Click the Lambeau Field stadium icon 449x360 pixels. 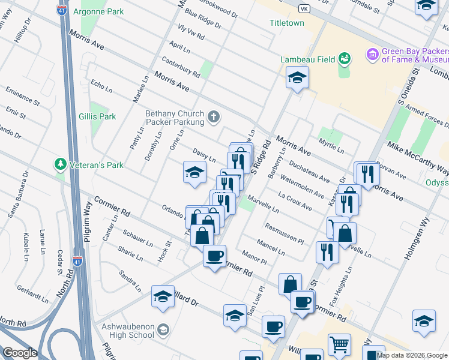tap(345, 58)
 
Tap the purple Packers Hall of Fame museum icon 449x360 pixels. tap(372, 55)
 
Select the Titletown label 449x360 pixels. tap(286, 23)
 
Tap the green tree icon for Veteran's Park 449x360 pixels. tap(59, 164)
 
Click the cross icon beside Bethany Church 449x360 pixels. tap(213, 116)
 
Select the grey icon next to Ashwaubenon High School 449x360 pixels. tap(164, 330)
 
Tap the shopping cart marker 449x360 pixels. tap(339, 345)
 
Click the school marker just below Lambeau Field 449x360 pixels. tap(297, 77)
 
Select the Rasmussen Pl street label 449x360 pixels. tap(285, 233)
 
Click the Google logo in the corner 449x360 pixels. tap(20, 353)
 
